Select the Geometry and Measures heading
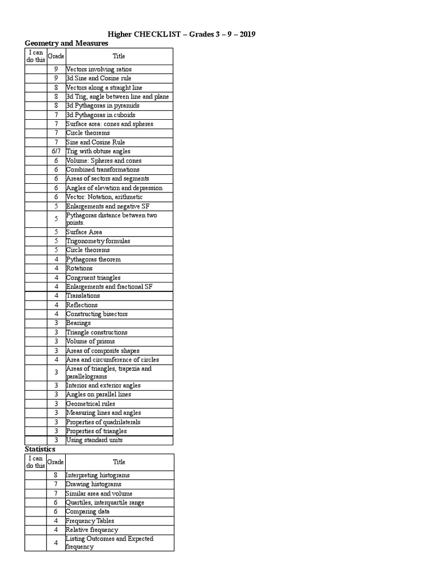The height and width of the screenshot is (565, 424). [x=66, y=43]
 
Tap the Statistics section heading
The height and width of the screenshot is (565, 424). [x=40, y=449]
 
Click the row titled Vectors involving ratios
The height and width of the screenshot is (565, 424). [x=99, y=70]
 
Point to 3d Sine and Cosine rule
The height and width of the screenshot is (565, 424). [x=99, y=78]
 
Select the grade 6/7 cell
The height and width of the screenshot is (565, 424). [x=56, y=151]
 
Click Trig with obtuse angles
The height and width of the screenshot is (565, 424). [x=98, y=151]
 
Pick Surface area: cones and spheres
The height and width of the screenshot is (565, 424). [x=109, y=124]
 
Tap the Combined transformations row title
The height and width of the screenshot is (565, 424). [x=103, y=169]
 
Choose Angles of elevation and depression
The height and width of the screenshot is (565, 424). [x=114, y=188]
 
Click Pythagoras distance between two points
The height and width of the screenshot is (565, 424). [x=112, y=218]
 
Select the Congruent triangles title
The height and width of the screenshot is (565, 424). [x=93, y=278]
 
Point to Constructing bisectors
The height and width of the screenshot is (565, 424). [x=97, y=314]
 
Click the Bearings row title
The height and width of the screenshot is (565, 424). [x=78, y=323]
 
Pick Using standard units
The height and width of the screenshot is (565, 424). [x=94, y=440]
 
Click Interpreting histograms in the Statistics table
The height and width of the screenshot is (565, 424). [x=98, y=475]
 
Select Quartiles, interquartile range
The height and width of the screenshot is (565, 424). [x=105, y=503]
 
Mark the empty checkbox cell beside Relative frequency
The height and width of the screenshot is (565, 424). [x=35, y=530]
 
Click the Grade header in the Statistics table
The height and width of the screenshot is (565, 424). [x=56, y=462]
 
